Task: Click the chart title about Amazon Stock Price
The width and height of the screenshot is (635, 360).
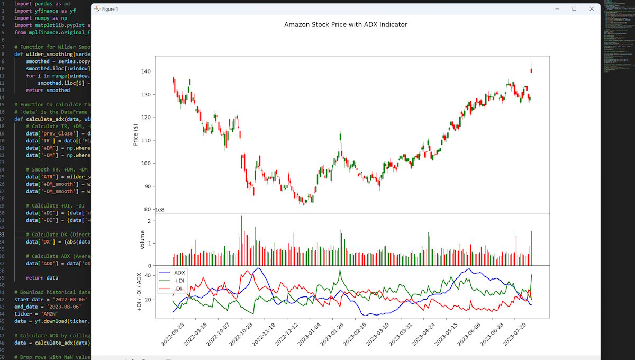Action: pos(346,24)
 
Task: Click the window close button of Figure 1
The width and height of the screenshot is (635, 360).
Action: pos(591,9)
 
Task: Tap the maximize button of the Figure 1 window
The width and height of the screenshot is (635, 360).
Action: pos(574,9)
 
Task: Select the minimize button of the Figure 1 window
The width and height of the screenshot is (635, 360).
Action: pos(557,9)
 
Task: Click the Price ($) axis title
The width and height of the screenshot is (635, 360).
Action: pos(136,134)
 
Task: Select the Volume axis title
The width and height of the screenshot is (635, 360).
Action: pos(142,240)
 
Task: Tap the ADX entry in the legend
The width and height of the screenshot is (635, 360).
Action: pos(180,272)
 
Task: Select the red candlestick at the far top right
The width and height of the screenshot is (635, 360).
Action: pos(531,70)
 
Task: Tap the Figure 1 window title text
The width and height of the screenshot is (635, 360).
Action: pos(110,9)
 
